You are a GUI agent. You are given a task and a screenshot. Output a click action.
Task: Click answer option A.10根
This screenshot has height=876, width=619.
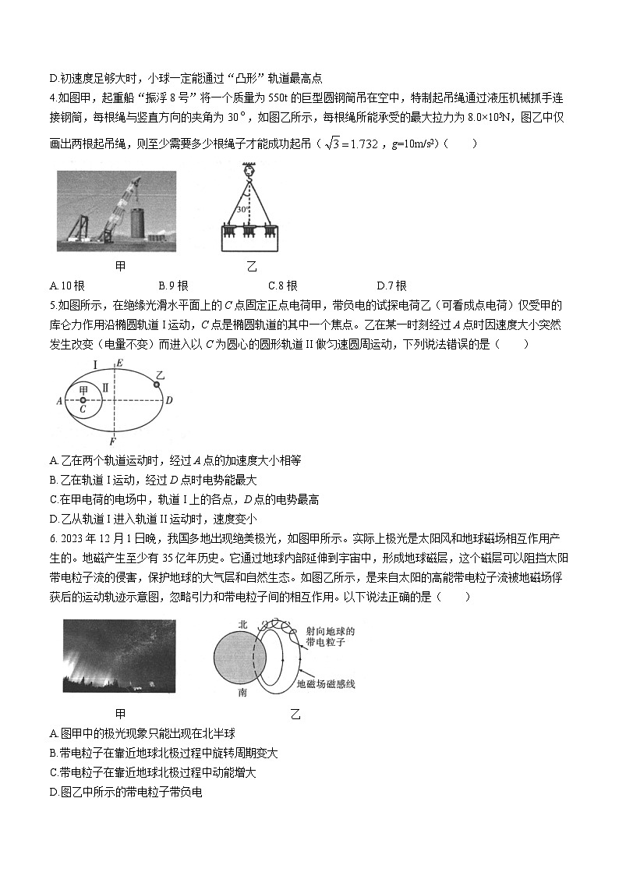coord(65,285)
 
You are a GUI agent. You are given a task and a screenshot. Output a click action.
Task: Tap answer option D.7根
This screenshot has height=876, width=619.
coord(391,285)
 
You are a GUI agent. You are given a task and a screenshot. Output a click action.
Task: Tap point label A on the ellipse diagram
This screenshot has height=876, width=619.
coord(59,401)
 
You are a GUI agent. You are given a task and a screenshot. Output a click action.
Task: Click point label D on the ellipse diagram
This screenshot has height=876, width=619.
coord(169,400)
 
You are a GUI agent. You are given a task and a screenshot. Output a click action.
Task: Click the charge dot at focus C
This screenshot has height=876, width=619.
coord(83,399)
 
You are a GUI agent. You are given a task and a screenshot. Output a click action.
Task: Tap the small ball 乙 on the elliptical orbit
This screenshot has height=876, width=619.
coord(156,384)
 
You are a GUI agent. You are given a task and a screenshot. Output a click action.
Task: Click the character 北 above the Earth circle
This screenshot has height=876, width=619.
coord(243,624)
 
